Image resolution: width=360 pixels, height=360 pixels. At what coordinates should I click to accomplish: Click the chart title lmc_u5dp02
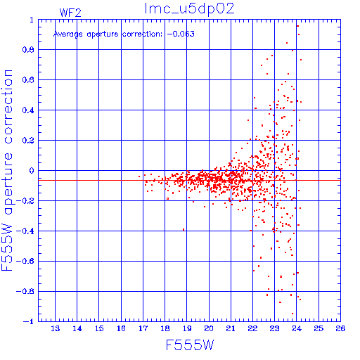189,9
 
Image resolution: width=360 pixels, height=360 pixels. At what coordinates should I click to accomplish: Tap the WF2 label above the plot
70,13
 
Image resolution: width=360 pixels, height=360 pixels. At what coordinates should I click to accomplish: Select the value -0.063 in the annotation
181,34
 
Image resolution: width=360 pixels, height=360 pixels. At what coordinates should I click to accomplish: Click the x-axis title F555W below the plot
190,345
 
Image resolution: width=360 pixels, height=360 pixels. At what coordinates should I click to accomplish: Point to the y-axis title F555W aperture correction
7,170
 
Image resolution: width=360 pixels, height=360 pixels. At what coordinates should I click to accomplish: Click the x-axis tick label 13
55,328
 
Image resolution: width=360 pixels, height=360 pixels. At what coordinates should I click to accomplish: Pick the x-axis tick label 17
143,328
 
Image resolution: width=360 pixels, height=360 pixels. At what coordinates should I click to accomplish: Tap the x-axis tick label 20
209,328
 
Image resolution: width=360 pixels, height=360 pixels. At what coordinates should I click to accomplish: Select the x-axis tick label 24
297,328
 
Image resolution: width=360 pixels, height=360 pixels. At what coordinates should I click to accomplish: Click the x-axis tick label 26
340,328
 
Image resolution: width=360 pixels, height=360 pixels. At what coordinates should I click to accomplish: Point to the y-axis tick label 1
32,20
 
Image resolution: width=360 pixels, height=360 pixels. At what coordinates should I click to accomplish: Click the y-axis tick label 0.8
28,50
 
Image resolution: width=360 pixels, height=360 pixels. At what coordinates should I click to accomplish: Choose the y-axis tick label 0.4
28,110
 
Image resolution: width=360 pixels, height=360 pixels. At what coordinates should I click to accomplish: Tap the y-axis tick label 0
32,171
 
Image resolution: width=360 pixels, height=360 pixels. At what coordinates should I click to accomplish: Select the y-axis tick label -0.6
25,261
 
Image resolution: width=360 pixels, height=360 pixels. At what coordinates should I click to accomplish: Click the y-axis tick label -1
28,321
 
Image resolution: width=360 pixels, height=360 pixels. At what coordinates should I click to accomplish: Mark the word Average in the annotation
68,34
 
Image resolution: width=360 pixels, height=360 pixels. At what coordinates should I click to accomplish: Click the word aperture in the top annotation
103,34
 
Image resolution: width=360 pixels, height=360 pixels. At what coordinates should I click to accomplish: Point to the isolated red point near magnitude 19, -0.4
184,230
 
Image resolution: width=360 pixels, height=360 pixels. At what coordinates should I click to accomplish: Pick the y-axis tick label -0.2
25,201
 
